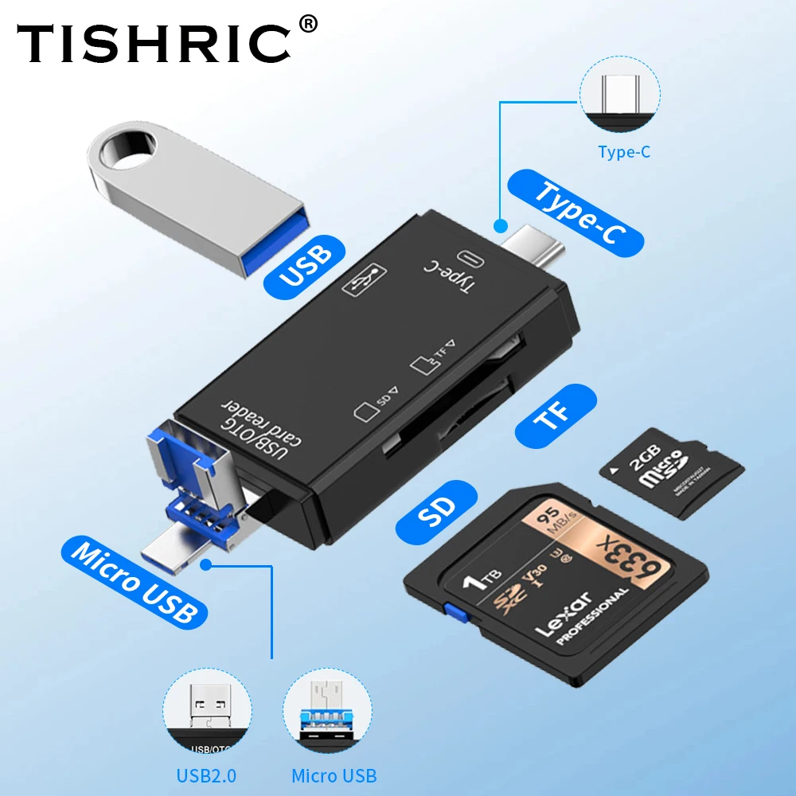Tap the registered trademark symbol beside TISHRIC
pyautogui.click(x=308, y=25)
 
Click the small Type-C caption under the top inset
pyautogui.click(x=624, y=152)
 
